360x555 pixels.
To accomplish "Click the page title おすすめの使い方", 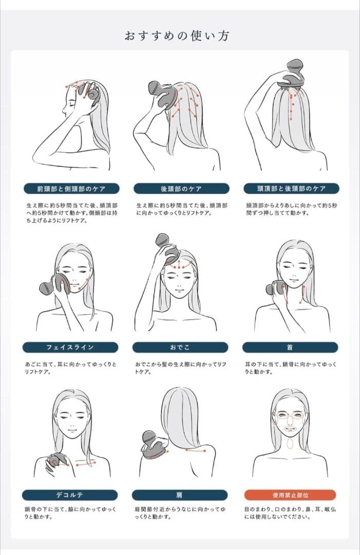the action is pyautogui.click(x=177, y=36).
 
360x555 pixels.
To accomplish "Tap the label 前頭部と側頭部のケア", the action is pyautogui.click(x=71, y=188).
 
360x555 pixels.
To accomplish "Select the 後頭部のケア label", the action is pyautogui.click(x=181, y=188).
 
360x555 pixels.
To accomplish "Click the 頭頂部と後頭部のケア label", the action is pyautogui.click(x=291, y=188).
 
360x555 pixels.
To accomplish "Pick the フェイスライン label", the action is pyautogui.click(x=70, y=347).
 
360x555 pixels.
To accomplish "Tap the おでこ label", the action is pyautogui.click(x=180, y=347).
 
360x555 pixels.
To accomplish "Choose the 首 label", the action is pyautogui.click(x=290, y=347).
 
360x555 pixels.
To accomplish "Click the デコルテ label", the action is pyautogui.click(x=70, y=495).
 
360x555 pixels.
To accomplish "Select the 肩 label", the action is pyautogui.click(x=180, y=495).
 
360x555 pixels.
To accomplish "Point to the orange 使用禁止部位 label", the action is pyautogui.click(x=290, y=495).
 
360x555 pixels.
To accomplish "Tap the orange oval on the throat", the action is pyautogui.click(x=290, y=442).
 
